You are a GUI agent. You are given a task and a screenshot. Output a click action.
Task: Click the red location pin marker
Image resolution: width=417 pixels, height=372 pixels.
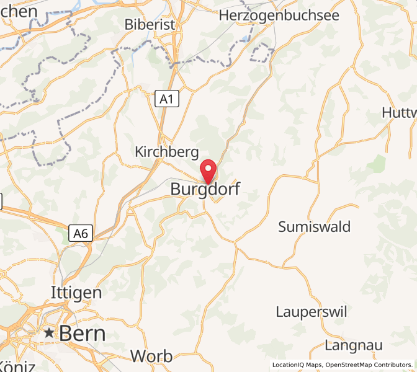click(208, 169)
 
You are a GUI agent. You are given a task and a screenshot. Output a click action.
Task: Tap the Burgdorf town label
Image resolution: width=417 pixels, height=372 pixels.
click(205, 189)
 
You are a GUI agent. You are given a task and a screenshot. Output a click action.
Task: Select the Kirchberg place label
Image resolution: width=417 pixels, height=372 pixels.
click(167, 152)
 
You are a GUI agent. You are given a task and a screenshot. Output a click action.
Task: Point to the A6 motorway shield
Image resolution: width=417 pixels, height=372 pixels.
click(81, 234)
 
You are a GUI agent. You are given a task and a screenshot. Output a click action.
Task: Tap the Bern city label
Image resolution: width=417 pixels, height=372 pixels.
click(82, 334)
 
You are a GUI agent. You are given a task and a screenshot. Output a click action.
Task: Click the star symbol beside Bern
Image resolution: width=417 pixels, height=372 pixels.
click(49, 333)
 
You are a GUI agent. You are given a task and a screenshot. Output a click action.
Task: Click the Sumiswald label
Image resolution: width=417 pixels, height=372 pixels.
click(314, 227)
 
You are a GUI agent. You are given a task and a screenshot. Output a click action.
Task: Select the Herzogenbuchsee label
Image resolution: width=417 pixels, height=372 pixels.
click(279, 15)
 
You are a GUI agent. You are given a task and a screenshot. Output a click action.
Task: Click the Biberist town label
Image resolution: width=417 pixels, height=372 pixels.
click(150, 25)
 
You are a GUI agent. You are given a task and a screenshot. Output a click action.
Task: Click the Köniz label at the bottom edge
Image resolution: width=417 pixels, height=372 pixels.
click(14, 366)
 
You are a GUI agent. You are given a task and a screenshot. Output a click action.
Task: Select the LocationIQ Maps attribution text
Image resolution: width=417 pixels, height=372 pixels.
click(297, 365)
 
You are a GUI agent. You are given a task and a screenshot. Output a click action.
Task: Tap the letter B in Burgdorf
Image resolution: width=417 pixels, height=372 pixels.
click(176, 189)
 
